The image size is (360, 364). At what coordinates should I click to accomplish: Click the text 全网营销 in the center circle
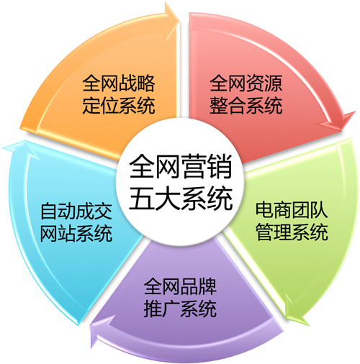(181, 166)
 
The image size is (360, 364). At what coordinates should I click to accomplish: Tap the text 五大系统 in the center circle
(181, 199)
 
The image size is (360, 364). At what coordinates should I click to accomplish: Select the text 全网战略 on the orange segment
(119, 83)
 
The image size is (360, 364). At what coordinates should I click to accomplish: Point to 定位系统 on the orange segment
(119, 105)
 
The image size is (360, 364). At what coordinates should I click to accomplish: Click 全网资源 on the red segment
(246, 83)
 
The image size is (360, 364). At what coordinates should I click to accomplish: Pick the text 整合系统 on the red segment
(246, 105)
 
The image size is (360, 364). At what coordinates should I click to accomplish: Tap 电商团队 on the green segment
(292, 210)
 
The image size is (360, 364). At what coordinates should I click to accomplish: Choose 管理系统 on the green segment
(292, 232)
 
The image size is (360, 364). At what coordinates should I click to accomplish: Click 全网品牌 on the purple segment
(180, 287)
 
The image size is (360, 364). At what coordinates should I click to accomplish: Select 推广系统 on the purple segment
(180, 309)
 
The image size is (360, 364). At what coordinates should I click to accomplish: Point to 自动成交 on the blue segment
(76, 211)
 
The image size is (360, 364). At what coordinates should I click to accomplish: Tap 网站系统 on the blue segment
(76, 233)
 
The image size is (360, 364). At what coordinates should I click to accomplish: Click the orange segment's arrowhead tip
(180, 20)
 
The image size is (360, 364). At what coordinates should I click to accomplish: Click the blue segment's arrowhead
(19, 149)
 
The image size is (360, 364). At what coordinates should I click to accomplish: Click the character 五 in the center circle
(142, 199)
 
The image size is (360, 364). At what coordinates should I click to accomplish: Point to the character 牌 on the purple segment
(207, 287)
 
